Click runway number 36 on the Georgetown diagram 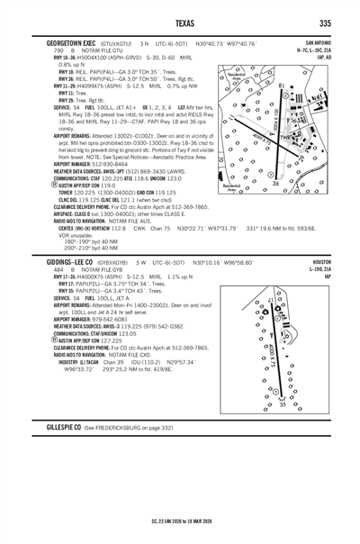pos(275,184)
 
